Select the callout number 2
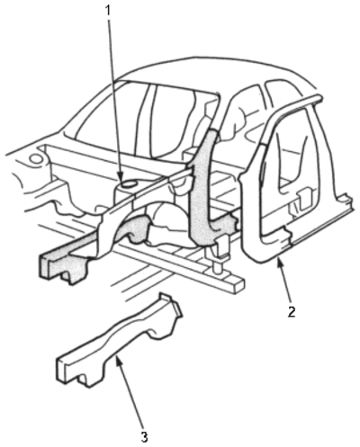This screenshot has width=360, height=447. pos(291,311)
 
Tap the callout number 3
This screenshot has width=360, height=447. pos(144,437)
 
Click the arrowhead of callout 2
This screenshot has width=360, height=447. pos(280,264)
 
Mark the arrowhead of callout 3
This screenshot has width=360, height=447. pos(118,358)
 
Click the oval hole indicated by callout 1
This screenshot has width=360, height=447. pos(128,183)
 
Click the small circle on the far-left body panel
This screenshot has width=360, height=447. pos(36,157)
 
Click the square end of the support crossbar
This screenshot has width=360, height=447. pos(237,286)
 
